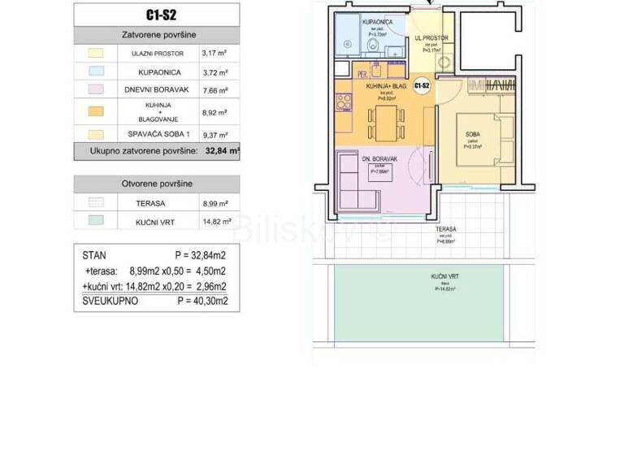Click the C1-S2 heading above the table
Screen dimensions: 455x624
(x=157, y=14)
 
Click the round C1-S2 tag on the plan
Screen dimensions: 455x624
(x=422, y=84)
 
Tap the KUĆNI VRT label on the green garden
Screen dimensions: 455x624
(x=443, y=277)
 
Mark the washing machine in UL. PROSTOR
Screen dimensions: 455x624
(x=444, y=63)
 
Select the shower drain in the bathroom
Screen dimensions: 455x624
(x=344, y=48)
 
